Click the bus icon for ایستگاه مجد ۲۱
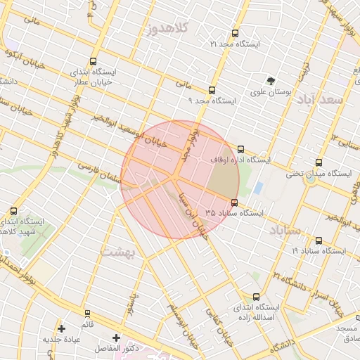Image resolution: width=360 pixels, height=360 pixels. point(234,33)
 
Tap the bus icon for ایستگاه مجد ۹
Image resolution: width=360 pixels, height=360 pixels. point(212,90)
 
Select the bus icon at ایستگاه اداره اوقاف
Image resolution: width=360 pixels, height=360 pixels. point(240,149)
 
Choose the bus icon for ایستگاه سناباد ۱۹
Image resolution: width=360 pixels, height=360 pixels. point(319,240)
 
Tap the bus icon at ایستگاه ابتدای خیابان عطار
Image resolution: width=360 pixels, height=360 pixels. point(94,61)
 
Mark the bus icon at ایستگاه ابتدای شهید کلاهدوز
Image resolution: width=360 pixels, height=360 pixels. point(13,210)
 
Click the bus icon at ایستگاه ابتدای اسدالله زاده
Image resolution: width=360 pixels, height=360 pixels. point(255,297)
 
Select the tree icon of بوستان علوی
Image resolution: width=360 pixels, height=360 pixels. point(271,80)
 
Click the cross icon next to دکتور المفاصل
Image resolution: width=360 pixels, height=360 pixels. point(116,337)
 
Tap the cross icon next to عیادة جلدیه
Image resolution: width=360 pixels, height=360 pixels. point(62,328)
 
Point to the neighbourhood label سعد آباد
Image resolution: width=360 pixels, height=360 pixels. point(328,100)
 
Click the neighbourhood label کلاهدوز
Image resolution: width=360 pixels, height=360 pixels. point(167,29)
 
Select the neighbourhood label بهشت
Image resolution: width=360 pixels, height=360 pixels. point(117,250)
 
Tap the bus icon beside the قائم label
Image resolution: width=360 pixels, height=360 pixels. point(87,313)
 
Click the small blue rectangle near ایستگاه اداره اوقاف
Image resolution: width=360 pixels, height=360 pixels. point(258,188)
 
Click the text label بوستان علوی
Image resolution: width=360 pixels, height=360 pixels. point(270,92)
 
